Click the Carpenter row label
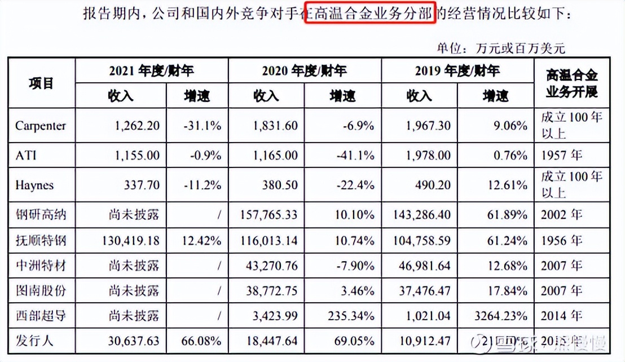coord(41,125)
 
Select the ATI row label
coord(27,154)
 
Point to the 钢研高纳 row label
coord(41,214)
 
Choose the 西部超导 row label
coord(41,315)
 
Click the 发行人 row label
coord(34,342)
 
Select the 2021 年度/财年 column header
coord(151,70)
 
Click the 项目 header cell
coord(41,83)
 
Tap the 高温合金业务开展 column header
coord(572,83)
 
